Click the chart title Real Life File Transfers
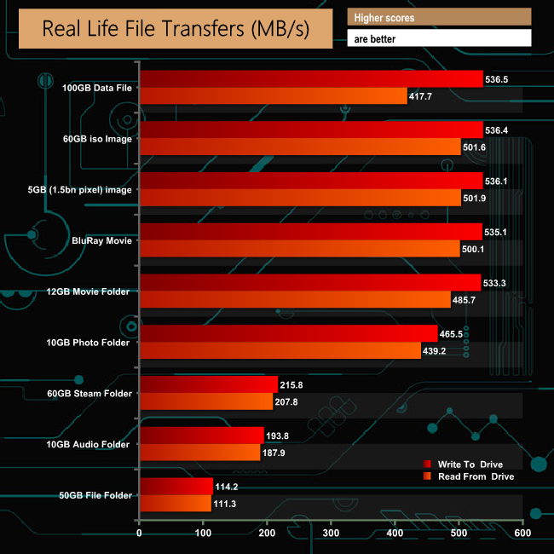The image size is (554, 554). (176, 29)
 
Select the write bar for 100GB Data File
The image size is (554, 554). (311, 79)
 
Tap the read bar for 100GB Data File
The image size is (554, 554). (273, 96)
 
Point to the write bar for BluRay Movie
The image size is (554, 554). (310, 231)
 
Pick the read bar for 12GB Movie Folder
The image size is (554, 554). (295, 299)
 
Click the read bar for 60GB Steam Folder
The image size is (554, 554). (205, 401)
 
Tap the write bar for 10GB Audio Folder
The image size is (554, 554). (201, 436)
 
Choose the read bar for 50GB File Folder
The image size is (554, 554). (175, 503)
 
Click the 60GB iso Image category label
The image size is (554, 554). (97, 139)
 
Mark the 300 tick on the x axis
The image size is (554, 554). (331, 534)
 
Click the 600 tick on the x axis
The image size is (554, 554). (522, 534)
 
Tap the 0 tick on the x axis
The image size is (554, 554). (140, 534)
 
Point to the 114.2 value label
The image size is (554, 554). (228, 486)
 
